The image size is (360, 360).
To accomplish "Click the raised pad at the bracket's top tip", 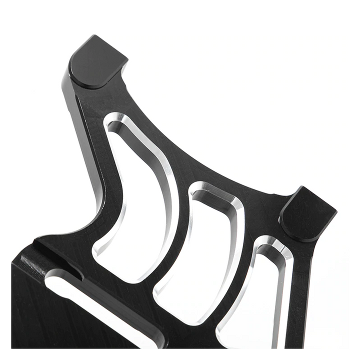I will (96, 61).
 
